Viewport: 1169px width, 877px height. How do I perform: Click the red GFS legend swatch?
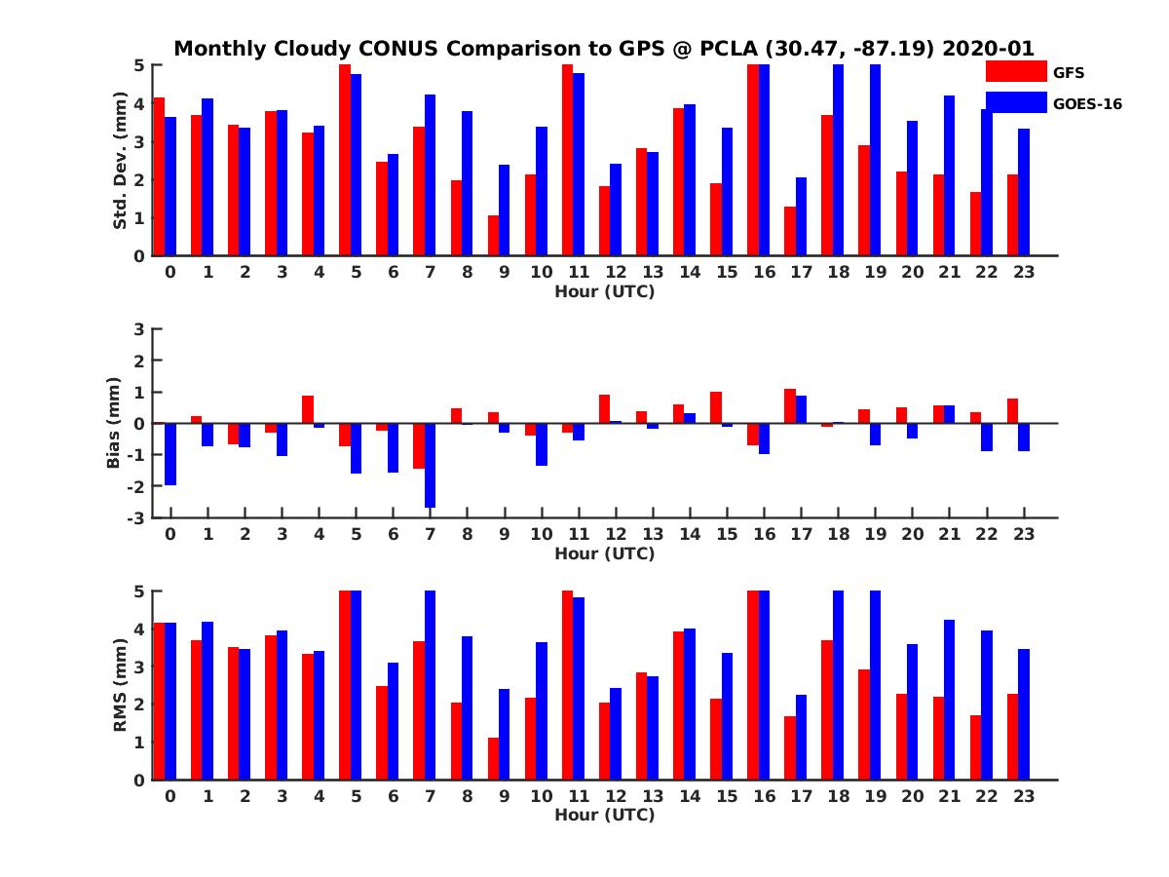[1015, 71]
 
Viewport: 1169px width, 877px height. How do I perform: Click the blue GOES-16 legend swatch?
[1015, 102]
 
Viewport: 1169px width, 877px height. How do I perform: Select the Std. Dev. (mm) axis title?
[121, 161]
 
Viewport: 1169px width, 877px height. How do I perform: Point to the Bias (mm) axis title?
[114, 423]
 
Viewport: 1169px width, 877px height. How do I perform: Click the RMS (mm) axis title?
[121, 686]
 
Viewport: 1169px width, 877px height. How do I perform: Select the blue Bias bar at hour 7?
[430, 465]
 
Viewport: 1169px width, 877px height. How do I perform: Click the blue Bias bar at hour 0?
[170, 454]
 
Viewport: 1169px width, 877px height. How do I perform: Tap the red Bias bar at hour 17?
[790, 406]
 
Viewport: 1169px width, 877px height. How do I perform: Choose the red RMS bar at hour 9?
[493, 758]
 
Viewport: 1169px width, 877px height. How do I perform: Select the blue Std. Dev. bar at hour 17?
[801, 216]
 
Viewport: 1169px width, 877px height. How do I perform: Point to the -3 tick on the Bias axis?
[137, 517]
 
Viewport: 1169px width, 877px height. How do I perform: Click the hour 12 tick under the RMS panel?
[616, 795]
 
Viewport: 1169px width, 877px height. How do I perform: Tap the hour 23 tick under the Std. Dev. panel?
[1023, 272]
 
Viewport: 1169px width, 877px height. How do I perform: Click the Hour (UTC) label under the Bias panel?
[604, 553]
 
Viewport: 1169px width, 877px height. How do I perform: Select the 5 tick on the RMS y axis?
[140, 591]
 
